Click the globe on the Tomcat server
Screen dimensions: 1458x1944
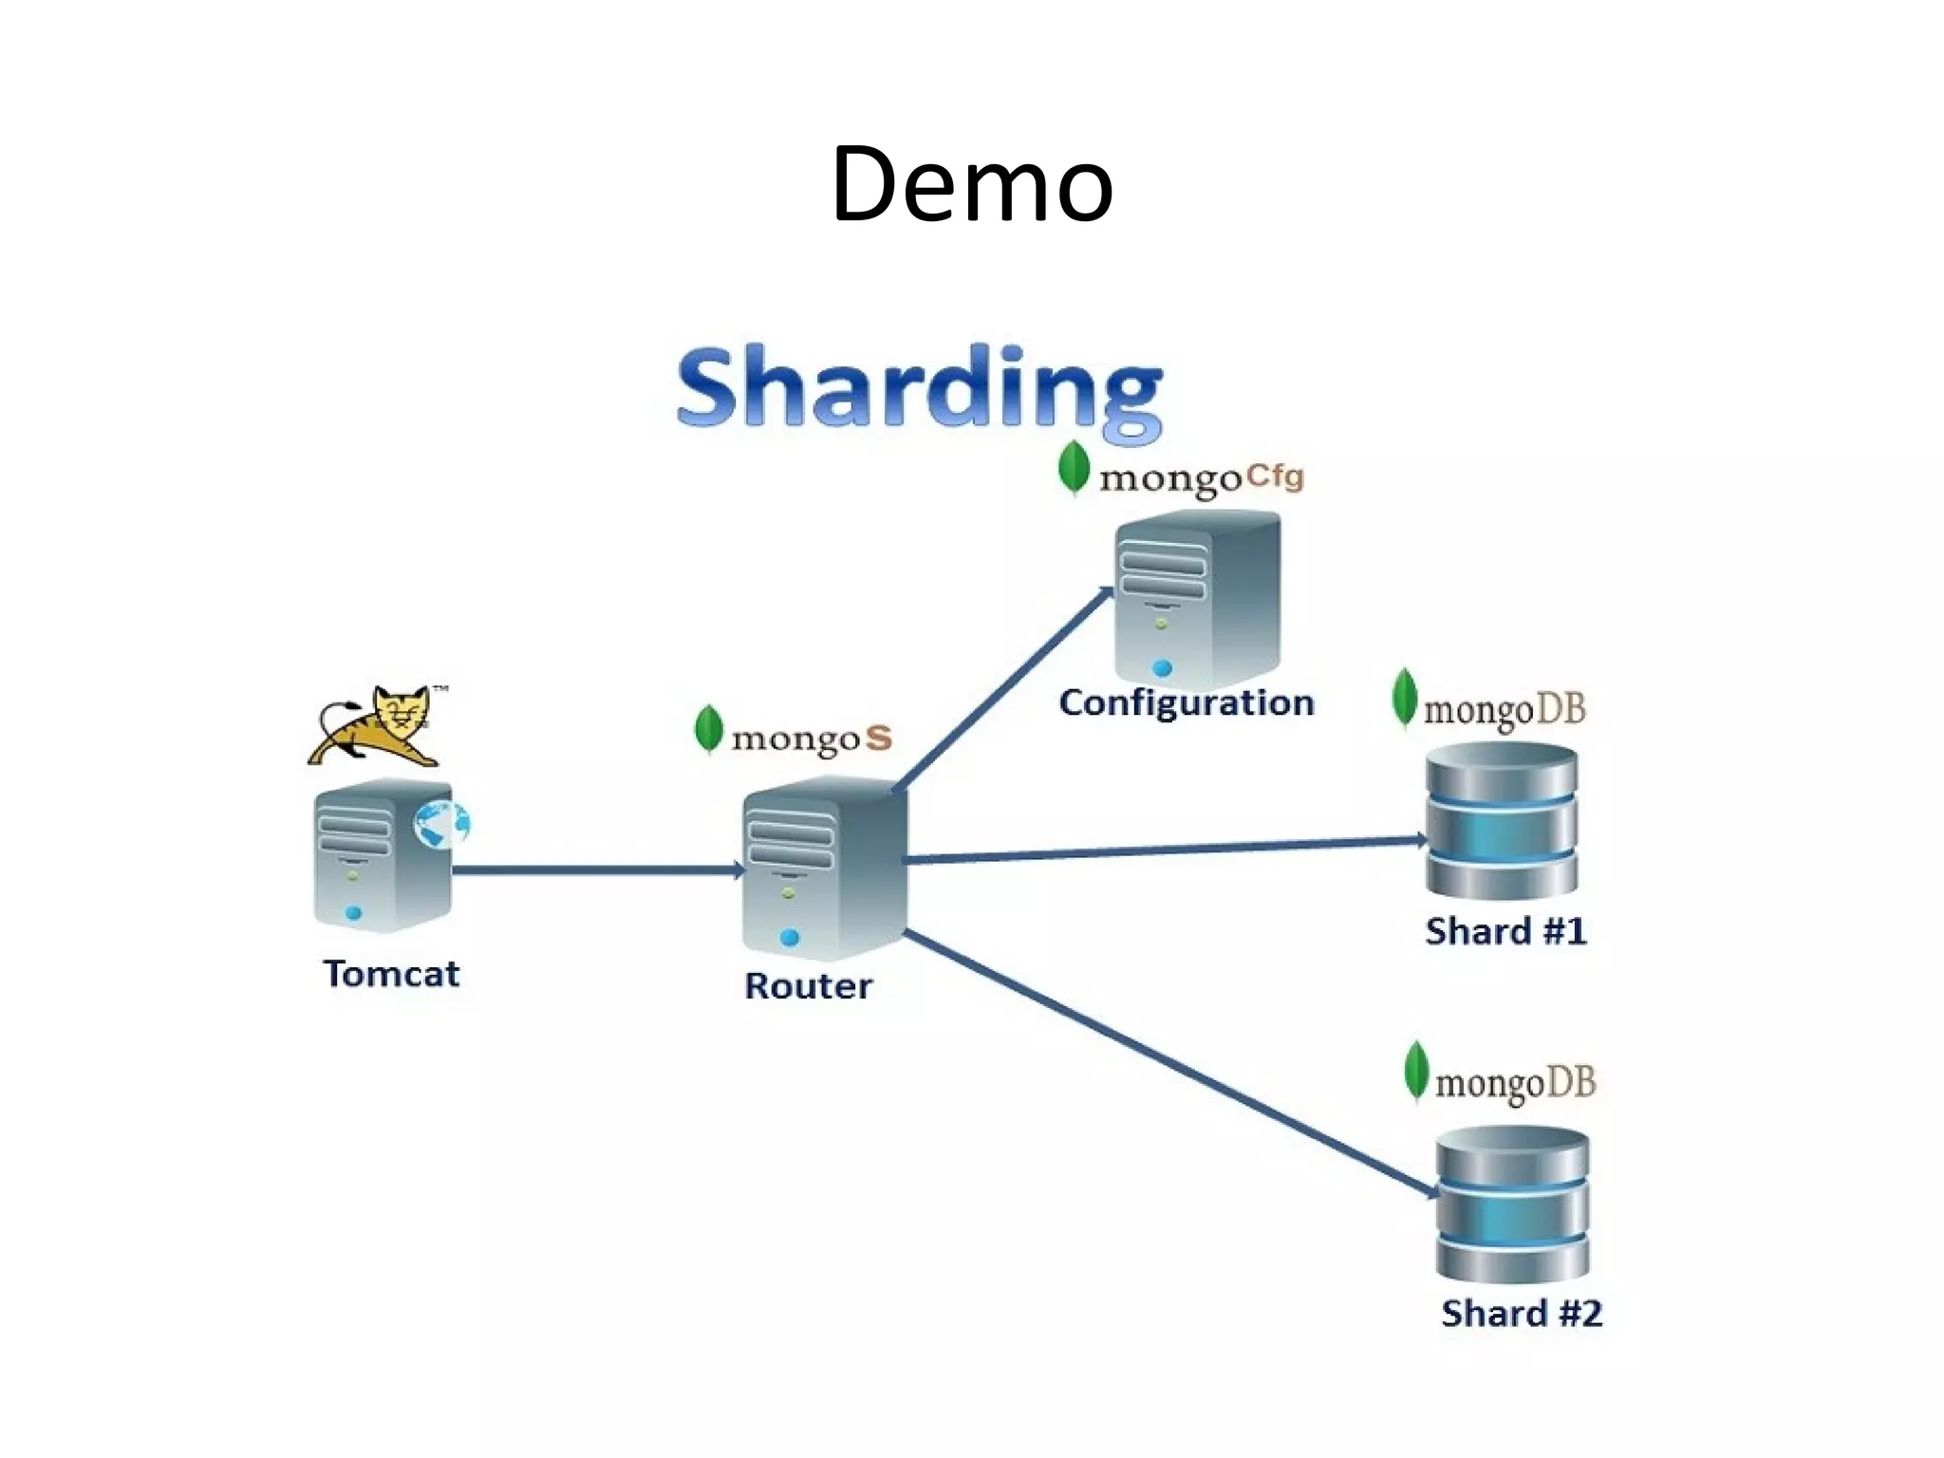pyautogui.click(x=441, y=823)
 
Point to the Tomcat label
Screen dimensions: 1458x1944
pyautogui.click(x=391, y=974)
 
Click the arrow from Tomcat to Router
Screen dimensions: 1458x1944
pyautogui.click(x=598, y=869)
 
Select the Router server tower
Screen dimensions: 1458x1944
pyautogui.click(x=821, y=869)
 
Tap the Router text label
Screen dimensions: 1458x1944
pyautogui.click(x=808, y=986)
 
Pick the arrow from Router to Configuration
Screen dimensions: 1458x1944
pyautogui.click(x=1001, y=690)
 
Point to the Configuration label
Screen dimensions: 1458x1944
pyautogui.click(x=1187, y=703)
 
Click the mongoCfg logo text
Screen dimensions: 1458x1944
pyautogui.click(x=1201, y=477)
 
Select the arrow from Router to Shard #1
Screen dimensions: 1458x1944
pyautogui.click(x=1168, y=850)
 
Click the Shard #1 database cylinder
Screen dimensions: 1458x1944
pyautogui.click(x=1502, y=821)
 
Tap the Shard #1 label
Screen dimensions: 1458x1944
pyautogui.click(x=1505, y=931)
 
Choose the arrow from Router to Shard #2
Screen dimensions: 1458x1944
pyautogui.click(x=1168, y=1063)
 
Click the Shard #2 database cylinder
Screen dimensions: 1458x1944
pyautogui.click(x=1512, y=1204)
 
